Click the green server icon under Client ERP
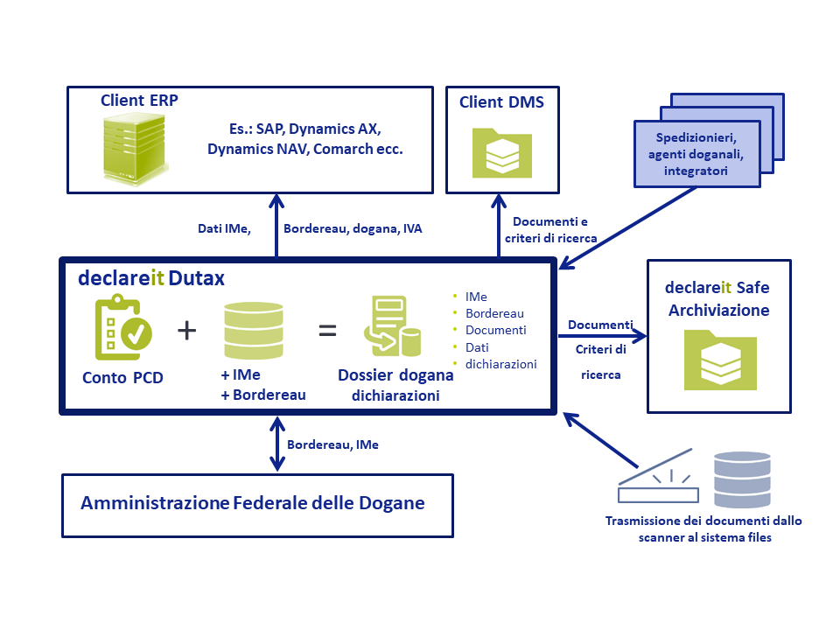135,150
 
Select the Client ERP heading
139,100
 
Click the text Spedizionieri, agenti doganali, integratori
696,154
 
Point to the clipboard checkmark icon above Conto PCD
123,327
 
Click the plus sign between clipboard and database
187,330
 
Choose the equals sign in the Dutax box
327,331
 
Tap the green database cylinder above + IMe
254,331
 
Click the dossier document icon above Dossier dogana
393,326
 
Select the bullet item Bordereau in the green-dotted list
494,313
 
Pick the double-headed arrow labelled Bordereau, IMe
277,444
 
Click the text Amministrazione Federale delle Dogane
253,503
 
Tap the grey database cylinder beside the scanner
743,479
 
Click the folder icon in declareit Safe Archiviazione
720,360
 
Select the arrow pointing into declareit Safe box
603,336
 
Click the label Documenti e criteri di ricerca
550,230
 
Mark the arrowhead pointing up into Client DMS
499,201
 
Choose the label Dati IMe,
224,228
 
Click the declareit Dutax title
151,278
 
